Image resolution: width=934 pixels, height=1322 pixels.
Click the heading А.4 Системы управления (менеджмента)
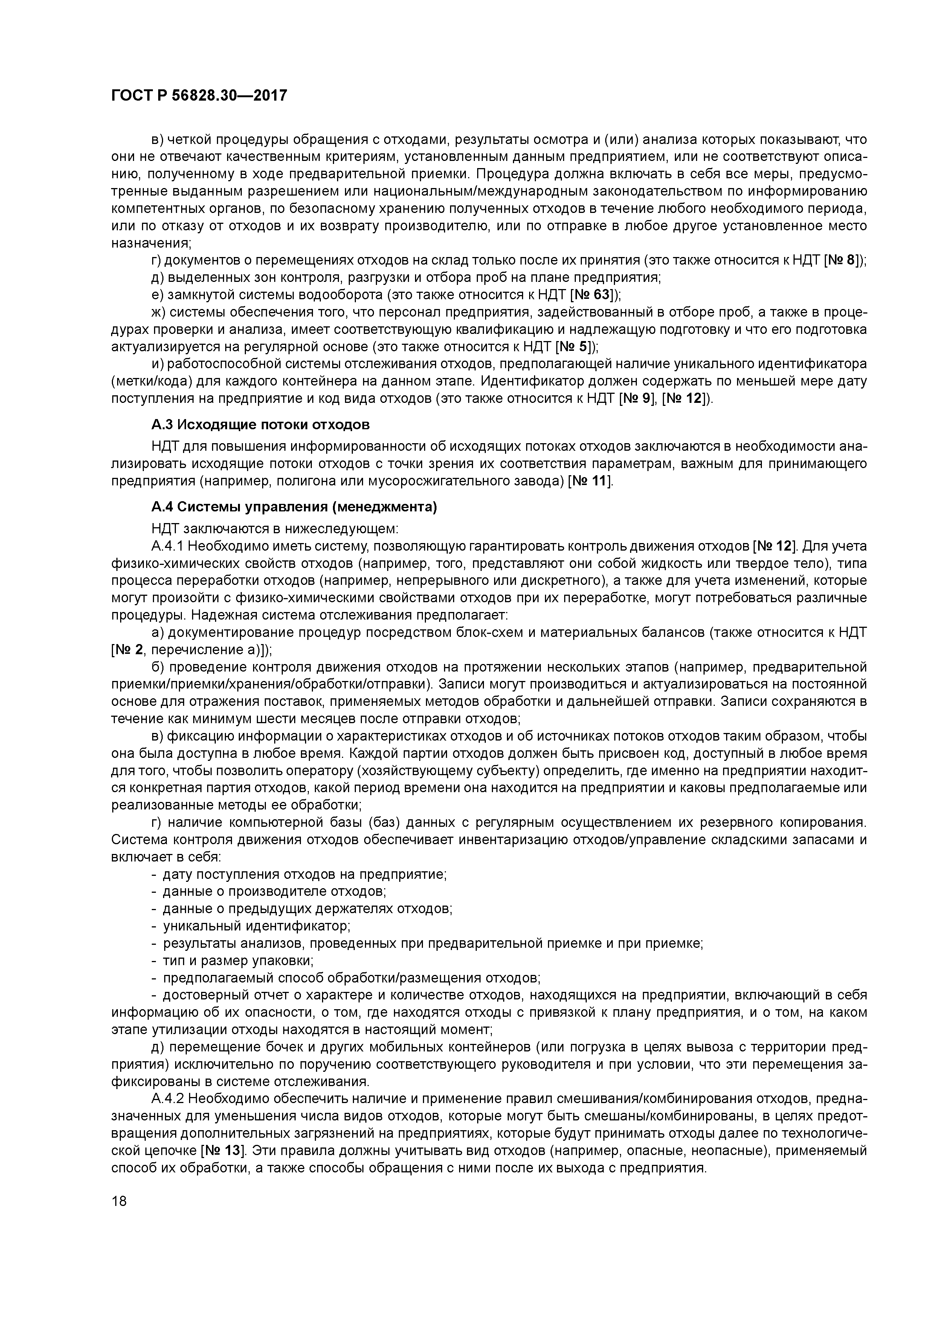[294, 507]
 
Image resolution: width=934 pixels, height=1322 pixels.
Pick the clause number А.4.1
[167, 546]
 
